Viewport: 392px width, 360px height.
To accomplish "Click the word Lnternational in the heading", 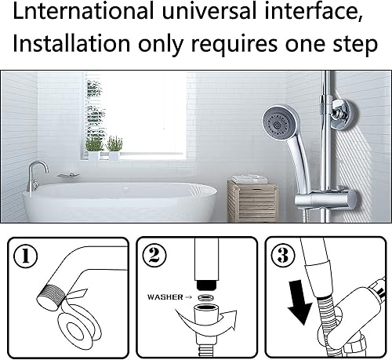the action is coord(83,11).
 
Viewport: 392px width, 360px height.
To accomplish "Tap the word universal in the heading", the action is coord(209,11).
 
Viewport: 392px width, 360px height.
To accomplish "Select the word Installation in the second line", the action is coord(71,43).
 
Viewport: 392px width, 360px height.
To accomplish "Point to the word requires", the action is coord(234,45).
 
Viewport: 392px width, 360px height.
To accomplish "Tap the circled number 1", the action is coord(25,256).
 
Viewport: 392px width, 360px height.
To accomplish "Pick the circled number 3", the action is coord(283,255).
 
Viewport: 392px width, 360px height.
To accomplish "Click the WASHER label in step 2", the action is coord(165,297).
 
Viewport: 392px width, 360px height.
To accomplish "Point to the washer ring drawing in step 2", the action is coord(205,297).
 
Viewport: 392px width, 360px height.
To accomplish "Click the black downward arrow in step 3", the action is coord(299,302).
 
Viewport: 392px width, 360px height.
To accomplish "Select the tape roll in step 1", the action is coord(79,325).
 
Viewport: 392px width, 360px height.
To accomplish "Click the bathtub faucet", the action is coord(37,176).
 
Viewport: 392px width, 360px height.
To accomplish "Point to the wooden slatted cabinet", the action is coord(252,202).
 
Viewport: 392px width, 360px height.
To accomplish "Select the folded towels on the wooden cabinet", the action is coord(249,179).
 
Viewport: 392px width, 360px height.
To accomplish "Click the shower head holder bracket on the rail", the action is coord(325,199).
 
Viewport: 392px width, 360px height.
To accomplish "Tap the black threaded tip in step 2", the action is coord(206,285).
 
